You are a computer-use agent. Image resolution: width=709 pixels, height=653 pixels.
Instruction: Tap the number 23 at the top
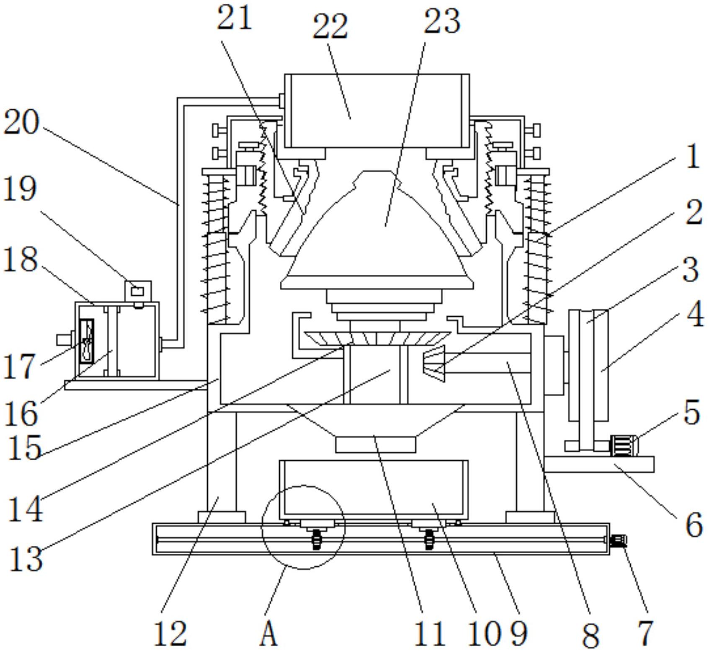tap(442, 21)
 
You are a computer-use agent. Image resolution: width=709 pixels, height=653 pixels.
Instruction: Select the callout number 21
tap(234, 18)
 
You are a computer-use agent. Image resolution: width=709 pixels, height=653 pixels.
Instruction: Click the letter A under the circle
tap(268, 634)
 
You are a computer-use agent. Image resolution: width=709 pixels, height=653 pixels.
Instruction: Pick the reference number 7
tap(645, 633)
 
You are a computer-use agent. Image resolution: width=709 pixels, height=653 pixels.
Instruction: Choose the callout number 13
tap(25, 559)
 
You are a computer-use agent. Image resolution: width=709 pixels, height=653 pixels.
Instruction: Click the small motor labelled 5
tap(624, 446)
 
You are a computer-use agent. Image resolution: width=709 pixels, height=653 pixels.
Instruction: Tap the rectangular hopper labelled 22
tap(377, 111)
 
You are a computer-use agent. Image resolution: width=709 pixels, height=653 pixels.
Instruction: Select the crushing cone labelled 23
tap(377, 235)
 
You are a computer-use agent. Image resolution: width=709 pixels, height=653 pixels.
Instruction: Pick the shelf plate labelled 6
tap(599, 465)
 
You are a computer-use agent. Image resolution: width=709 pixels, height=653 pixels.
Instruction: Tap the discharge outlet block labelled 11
tap(376, 444)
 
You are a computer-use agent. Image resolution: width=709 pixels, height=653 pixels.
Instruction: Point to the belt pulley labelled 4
tap(601, 364)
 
